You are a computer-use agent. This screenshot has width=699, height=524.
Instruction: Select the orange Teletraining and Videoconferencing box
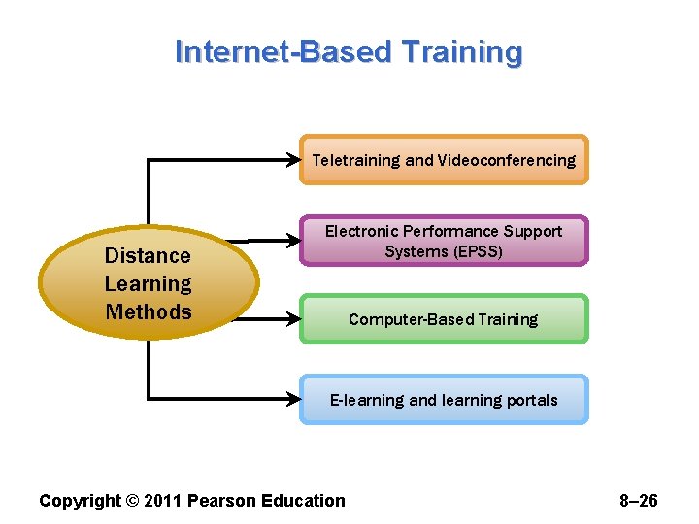(444, 160)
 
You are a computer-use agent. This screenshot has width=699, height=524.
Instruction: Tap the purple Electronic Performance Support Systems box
(444, 242)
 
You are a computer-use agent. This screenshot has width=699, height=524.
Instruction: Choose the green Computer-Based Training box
(444, 319)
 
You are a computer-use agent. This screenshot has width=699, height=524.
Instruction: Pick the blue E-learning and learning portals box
(444, 400)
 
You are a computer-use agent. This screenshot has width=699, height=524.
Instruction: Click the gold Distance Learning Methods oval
(149, 283)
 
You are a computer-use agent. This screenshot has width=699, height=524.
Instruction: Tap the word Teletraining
(356, 160)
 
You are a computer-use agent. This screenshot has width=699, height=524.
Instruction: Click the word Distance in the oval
(148, 256)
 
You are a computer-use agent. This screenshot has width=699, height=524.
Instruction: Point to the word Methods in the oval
(149, 311)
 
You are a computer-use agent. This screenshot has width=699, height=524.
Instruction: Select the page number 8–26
(638, 501)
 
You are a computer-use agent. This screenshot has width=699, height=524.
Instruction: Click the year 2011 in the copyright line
(162, 501)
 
